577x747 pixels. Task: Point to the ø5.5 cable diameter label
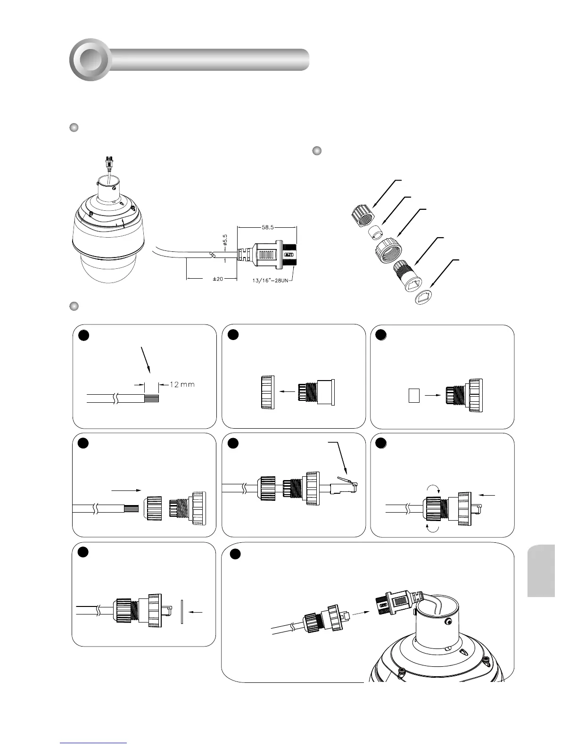(x=225, y=242)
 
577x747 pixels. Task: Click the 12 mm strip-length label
(x=181, y=385)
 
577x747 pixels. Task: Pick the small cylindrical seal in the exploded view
(x=375, y=232)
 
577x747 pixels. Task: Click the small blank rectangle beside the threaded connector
(x=413, y=396)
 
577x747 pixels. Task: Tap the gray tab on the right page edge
(x=541, y=571)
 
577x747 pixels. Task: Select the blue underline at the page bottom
(x=94, y=743)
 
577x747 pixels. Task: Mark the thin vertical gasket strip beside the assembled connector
(x=181, y=612)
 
